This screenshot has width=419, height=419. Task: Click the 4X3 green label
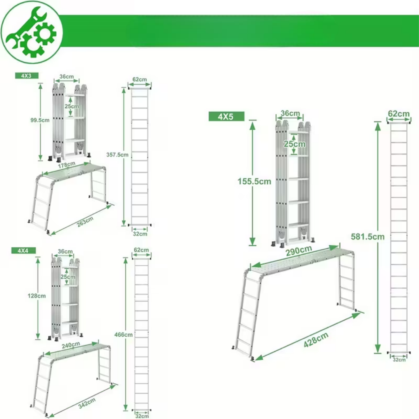(x=27, y=76)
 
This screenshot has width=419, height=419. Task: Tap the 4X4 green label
(x=23, y=251)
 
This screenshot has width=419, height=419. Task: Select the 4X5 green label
(x=226, y=116)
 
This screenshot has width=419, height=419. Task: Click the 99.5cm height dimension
(x=40, y=120)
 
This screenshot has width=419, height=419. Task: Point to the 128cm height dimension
(x=36, y=296)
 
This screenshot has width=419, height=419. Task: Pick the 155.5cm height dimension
(x=255, y=182)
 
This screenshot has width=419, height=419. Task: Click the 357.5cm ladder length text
(x=117, y=155)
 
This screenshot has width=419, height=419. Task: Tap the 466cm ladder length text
(x=123, y=334)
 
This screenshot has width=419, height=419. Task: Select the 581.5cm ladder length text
(x=368, y=237)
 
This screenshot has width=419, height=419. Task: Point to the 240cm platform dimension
(x=71, y=345)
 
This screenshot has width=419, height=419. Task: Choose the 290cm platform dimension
(x=299, y=251)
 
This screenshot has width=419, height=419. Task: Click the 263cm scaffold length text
(x=85, y=222)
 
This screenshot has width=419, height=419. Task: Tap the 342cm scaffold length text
(x=87, y=403)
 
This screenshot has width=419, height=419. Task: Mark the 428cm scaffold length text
(x=316, y=340)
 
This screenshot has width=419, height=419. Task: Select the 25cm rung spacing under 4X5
(x=294, y=144)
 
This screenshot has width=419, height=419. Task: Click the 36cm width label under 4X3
(x=67, y=77)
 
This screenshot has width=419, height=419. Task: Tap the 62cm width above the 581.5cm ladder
(x=399, y=114)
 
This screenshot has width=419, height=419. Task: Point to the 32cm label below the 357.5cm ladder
(x=140, y=234)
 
